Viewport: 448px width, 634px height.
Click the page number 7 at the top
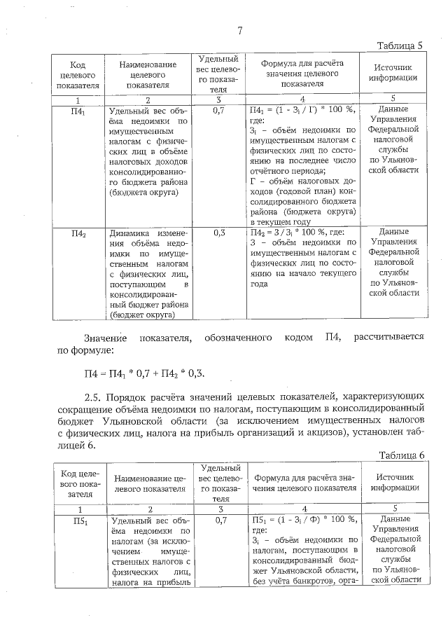point(239,30)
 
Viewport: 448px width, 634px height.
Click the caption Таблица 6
point(402,455)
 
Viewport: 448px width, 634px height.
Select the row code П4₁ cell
point(79,111)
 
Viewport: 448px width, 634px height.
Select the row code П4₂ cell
point(79,233)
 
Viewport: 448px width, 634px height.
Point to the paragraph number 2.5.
point(94,395)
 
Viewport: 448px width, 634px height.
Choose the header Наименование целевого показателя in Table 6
point(148,482)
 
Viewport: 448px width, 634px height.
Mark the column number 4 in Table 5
point(302,99)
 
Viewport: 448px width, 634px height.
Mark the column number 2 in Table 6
point(148,509)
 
